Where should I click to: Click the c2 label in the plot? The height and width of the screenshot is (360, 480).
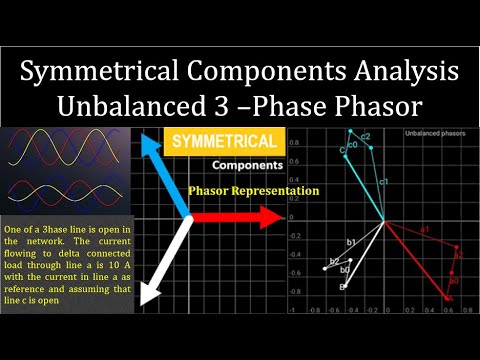point(366,136)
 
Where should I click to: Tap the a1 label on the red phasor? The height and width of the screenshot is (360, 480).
point(424,230)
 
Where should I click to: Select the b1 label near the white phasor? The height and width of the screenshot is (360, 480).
point(351,243)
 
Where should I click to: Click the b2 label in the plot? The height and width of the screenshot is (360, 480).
point(334,261)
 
